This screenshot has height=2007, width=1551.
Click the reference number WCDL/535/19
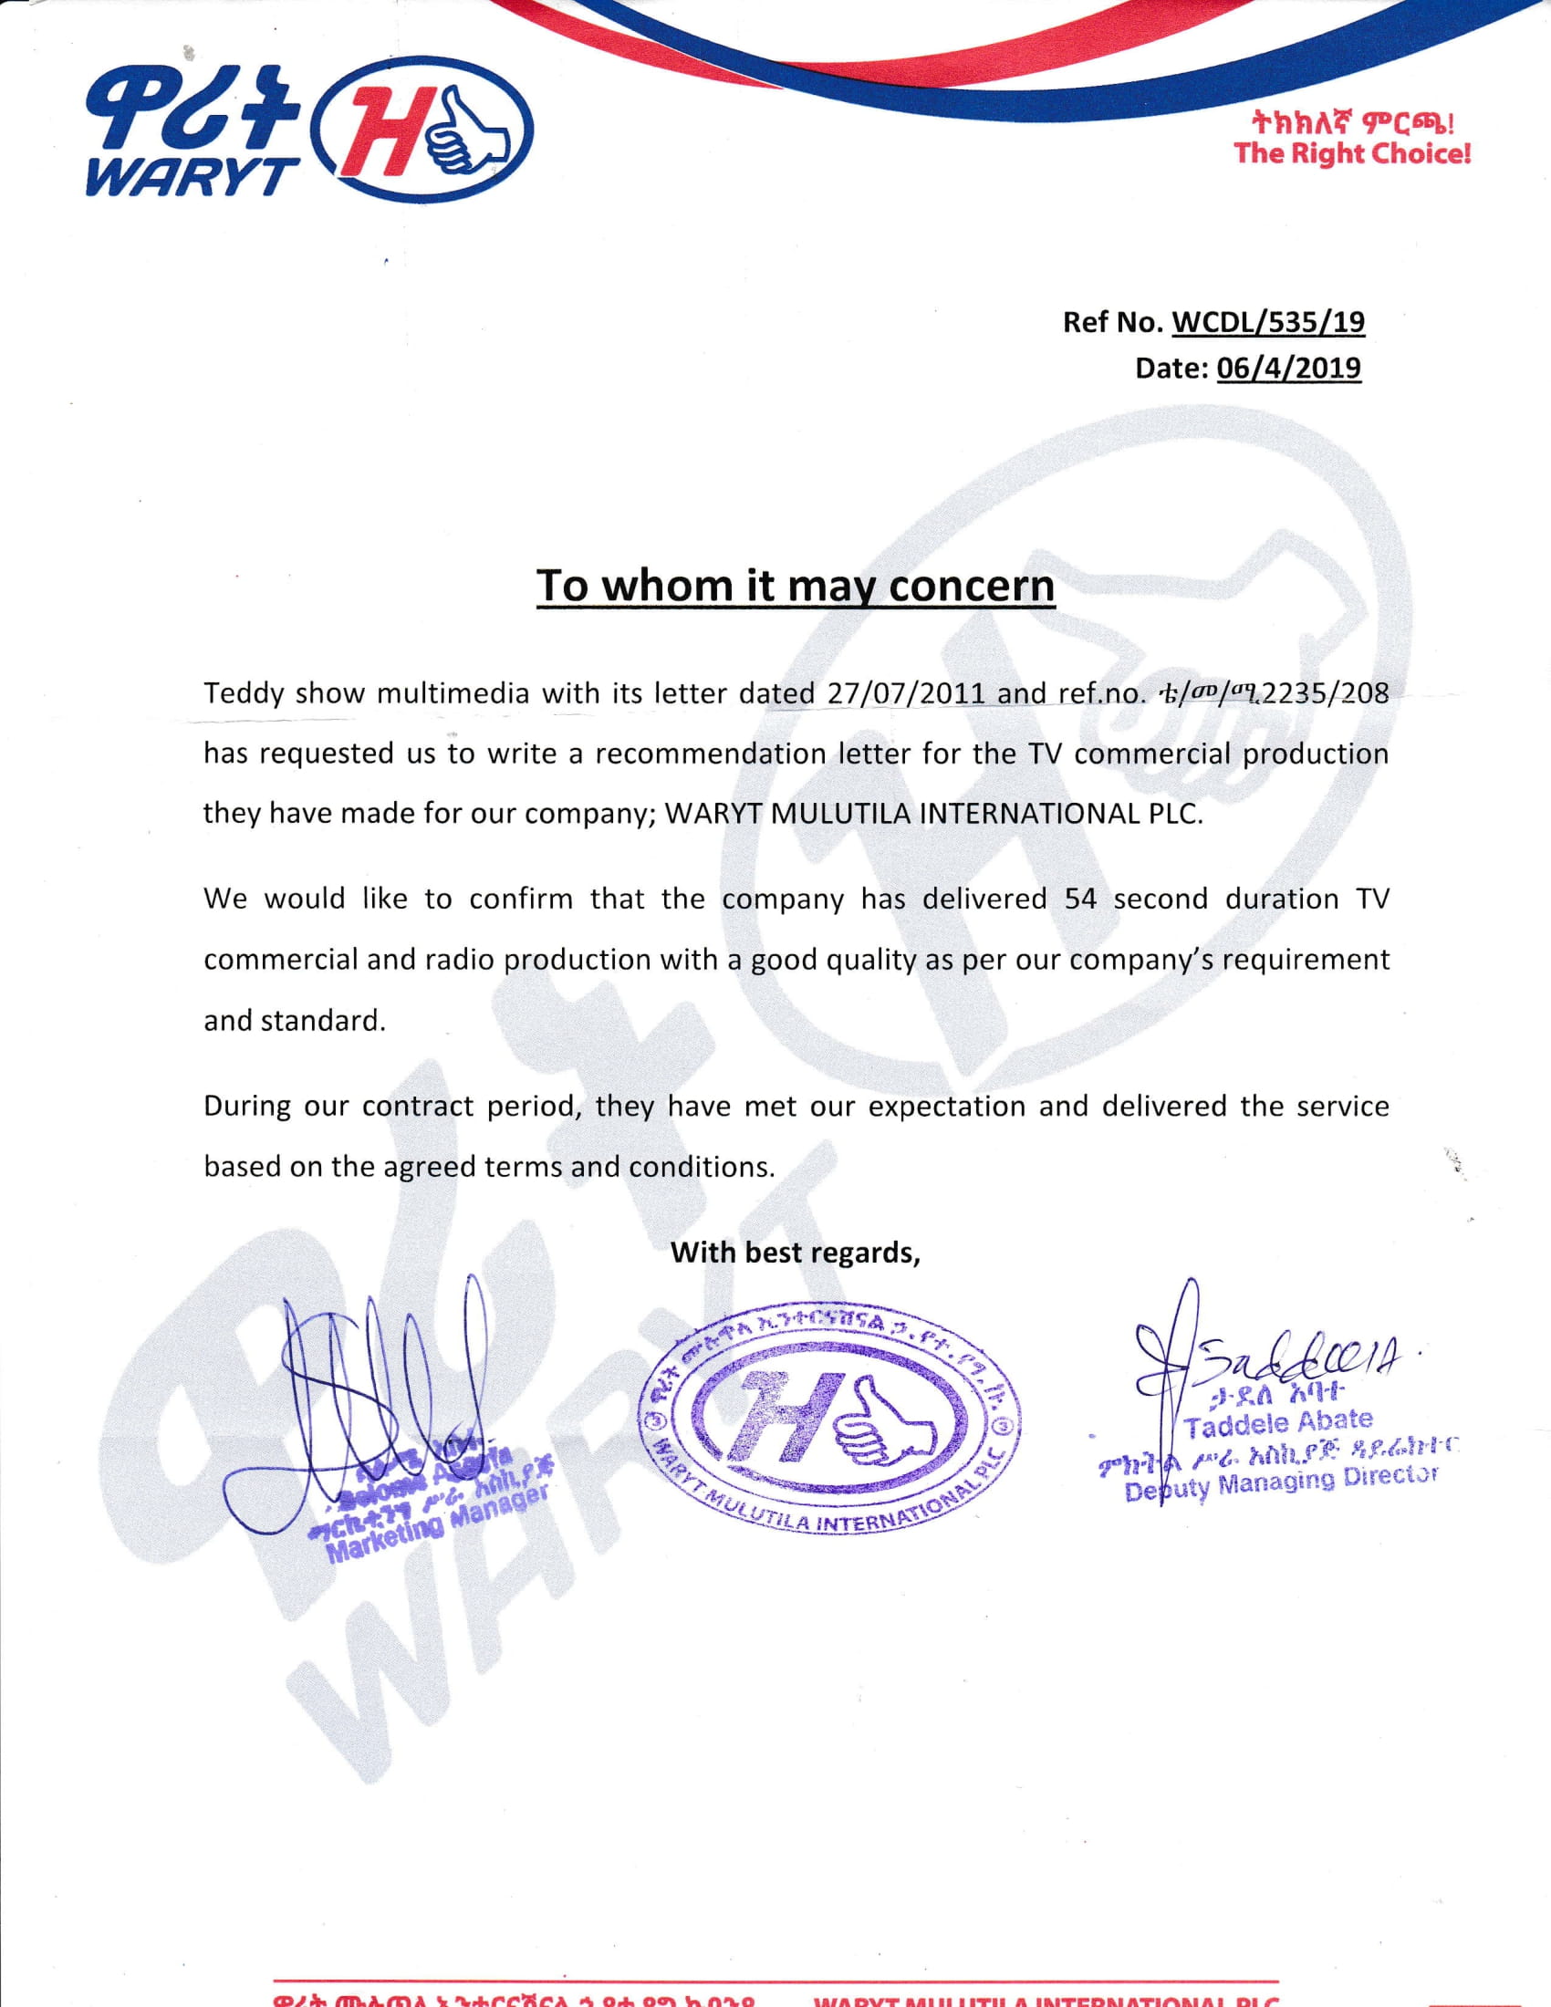pyautogui.click(x=1269, y=323)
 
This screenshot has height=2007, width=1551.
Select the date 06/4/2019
pyautogui.click(x=1288, y=369)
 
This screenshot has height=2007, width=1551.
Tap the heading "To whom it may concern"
pyautogui.click(x=796, y=587)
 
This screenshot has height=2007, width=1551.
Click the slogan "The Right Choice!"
pyautogui.click(x=1352, y=152)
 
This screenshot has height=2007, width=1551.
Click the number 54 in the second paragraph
pyautogui.click(x=1080, y=899)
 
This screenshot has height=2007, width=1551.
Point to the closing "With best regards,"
pyautogui.click(x=796, y=1253)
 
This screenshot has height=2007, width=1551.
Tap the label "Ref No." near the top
pyautogui.click(x=1113, y=323)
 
